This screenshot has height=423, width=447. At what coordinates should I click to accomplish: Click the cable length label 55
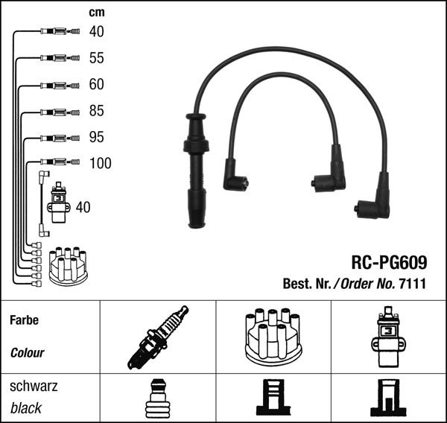tap(96, 58)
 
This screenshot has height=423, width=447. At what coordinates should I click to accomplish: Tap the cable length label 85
tap(96, 111)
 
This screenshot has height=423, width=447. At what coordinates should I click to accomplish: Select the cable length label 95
tap(96, 138)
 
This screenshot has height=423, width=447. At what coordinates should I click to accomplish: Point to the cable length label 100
tap(99, 163)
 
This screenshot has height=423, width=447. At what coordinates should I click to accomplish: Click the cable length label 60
tap(96, 84)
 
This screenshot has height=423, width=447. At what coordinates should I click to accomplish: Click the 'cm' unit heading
tap(96, 13)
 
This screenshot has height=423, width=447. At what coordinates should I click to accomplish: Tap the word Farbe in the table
tap(24, 321)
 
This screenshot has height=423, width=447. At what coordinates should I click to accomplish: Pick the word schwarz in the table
tap(33, 387)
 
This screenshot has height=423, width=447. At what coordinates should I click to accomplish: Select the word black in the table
tap(26, 408)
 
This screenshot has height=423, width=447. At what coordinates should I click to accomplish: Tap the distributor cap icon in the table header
tap(273, 337)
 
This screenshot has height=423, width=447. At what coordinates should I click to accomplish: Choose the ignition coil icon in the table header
tap(388, 337)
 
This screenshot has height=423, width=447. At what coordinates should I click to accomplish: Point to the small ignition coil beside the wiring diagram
tap(58, 203)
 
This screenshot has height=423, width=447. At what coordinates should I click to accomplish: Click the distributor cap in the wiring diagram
tap(68, 266)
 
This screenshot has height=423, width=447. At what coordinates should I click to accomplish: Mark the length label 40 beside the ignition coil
tap(83, 208)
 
